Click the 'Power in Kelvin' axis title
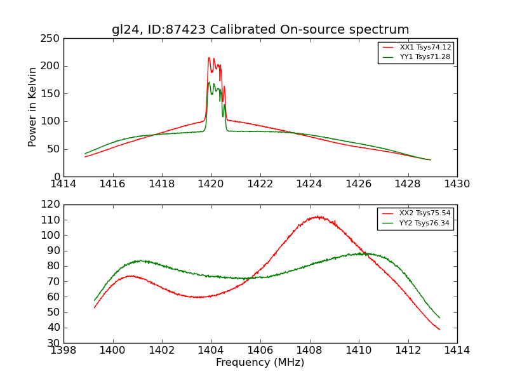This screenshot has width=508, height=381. point(33,107)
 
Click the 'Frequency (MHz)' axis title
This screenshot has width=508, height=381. point(260,363)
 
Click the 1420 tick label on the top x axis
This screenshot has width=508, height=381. point(211,185)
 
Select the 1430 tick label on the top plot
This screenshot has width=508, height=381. point(457,185)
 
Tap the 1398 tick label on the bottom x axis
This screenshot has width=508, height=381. point(63,350)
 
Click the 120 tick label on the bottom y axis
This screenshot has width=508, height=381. point(52,204)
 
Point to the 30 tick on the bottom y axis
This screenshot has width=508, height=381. point(55,343)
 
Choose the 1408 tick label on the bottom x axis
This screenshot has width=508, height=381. point(309,350)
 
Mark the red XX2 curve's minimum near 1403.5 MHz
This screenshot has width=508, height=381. point(199,297)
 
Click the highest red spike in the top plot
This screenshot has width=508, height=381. point(209,58)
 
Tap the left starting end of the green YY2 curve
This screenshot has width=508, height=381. point(94,300)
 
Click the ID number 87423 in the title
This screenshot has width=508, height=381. point(177,30)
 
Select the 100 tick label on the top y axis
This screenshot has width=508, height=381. point(52,121)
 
